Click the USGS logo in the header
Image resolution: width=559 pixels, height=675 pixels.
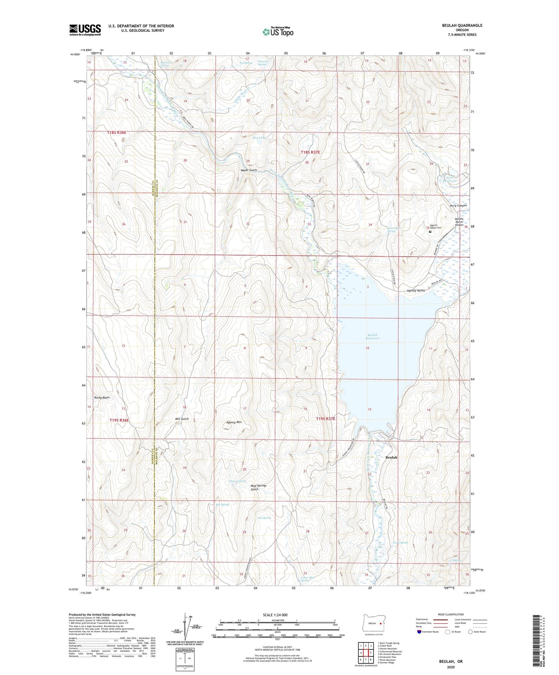[x=85, y=30]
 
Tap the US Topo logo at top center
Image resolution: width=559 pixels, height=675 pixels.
[x=278, y=32]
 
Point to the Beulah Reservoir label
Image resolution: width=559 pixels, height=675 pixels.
[x=372, y=336]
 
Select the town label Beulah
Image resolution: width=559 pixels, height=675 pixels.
[x=391, y=457]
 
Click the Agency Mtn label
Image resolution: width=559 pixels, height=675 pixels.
[x=234, y=422]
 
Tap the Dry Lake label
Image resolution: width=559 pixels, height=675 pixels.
[x=259, y=138]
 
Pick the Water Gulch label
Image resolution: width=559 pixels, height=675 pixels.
[x=248, y=170]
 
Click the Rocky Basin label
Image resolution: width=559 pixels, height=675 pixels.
[x=102, y=397]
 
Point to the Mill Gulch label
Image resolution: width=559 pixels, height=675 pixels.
[x=182, y=419]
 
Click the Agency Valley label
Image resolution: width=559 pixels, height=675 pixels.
[x=415, y=290]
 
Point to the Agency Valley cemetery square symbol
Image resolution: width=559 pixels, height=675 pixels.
[x=430, y=232]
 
